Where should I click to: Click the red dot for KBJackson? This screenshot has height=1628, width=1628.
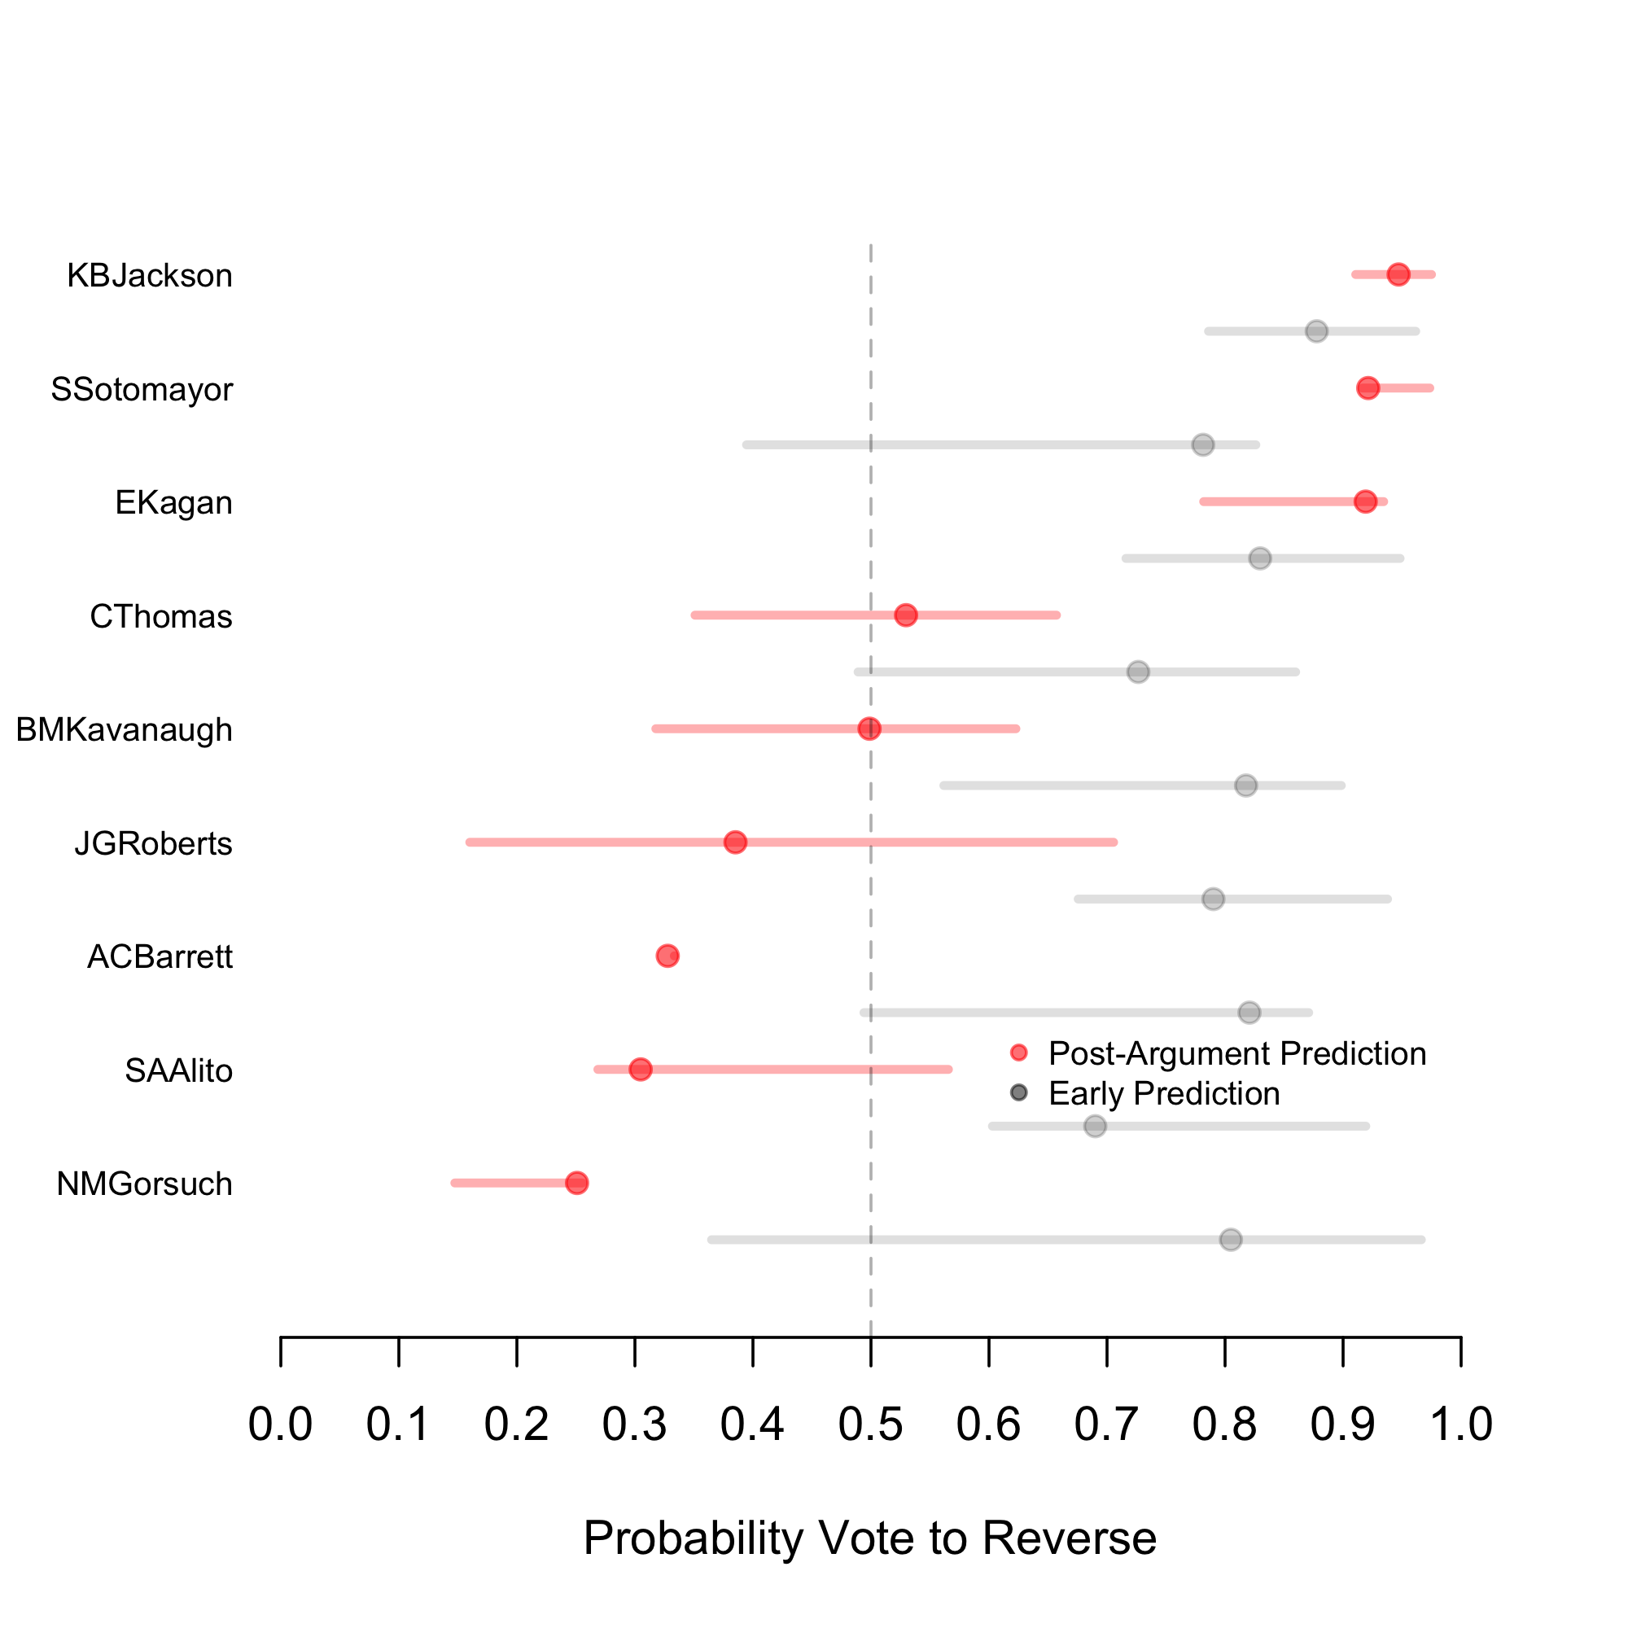pos(1398,274)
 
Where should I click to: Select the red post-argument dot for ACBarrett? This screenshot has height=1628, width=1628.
pos(667,956)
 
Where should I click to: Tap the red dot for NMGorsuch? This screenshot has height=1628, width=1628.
pos(576,1183)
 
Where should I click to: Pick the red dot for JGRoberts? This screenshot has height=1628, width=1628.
pos(736,842)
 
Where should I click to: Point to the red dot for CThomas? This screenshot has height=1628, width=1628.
pos(906,615)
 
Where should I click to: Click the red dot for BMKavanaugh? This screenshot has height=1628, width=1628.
pos(869,728)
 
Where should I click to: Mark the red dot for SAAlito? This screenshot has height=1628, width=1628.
pos(641,1070)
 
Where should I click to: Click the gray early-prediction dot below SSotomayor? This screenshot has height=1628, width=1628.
pos(1203,444)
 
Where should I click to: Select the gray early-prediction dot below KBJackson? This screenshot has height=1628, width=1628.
pos(1317,331)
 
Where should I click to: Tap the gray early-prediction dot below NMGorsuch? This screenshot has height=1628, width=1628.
pos(1231,1240)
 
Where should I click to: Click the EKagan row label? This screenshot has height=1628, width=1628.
pos(173,503)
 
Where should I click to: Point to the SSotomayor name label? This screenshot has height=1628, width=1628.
pos(142,389)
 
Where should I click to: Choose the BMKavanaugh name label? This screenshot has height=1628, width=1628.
pos(124,729)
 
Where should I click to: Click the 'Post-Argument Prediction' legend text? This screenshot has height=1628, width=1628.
pos(1237,1053)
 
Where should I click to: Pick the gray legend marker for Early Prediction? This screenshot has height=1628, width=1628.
pos(1019,1093)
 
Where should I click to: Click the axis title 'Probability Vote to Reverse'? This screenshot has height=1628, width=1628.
pos(869,1538)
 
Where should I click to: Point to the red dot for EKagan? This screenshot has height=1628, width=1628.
pos(1365,501)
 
